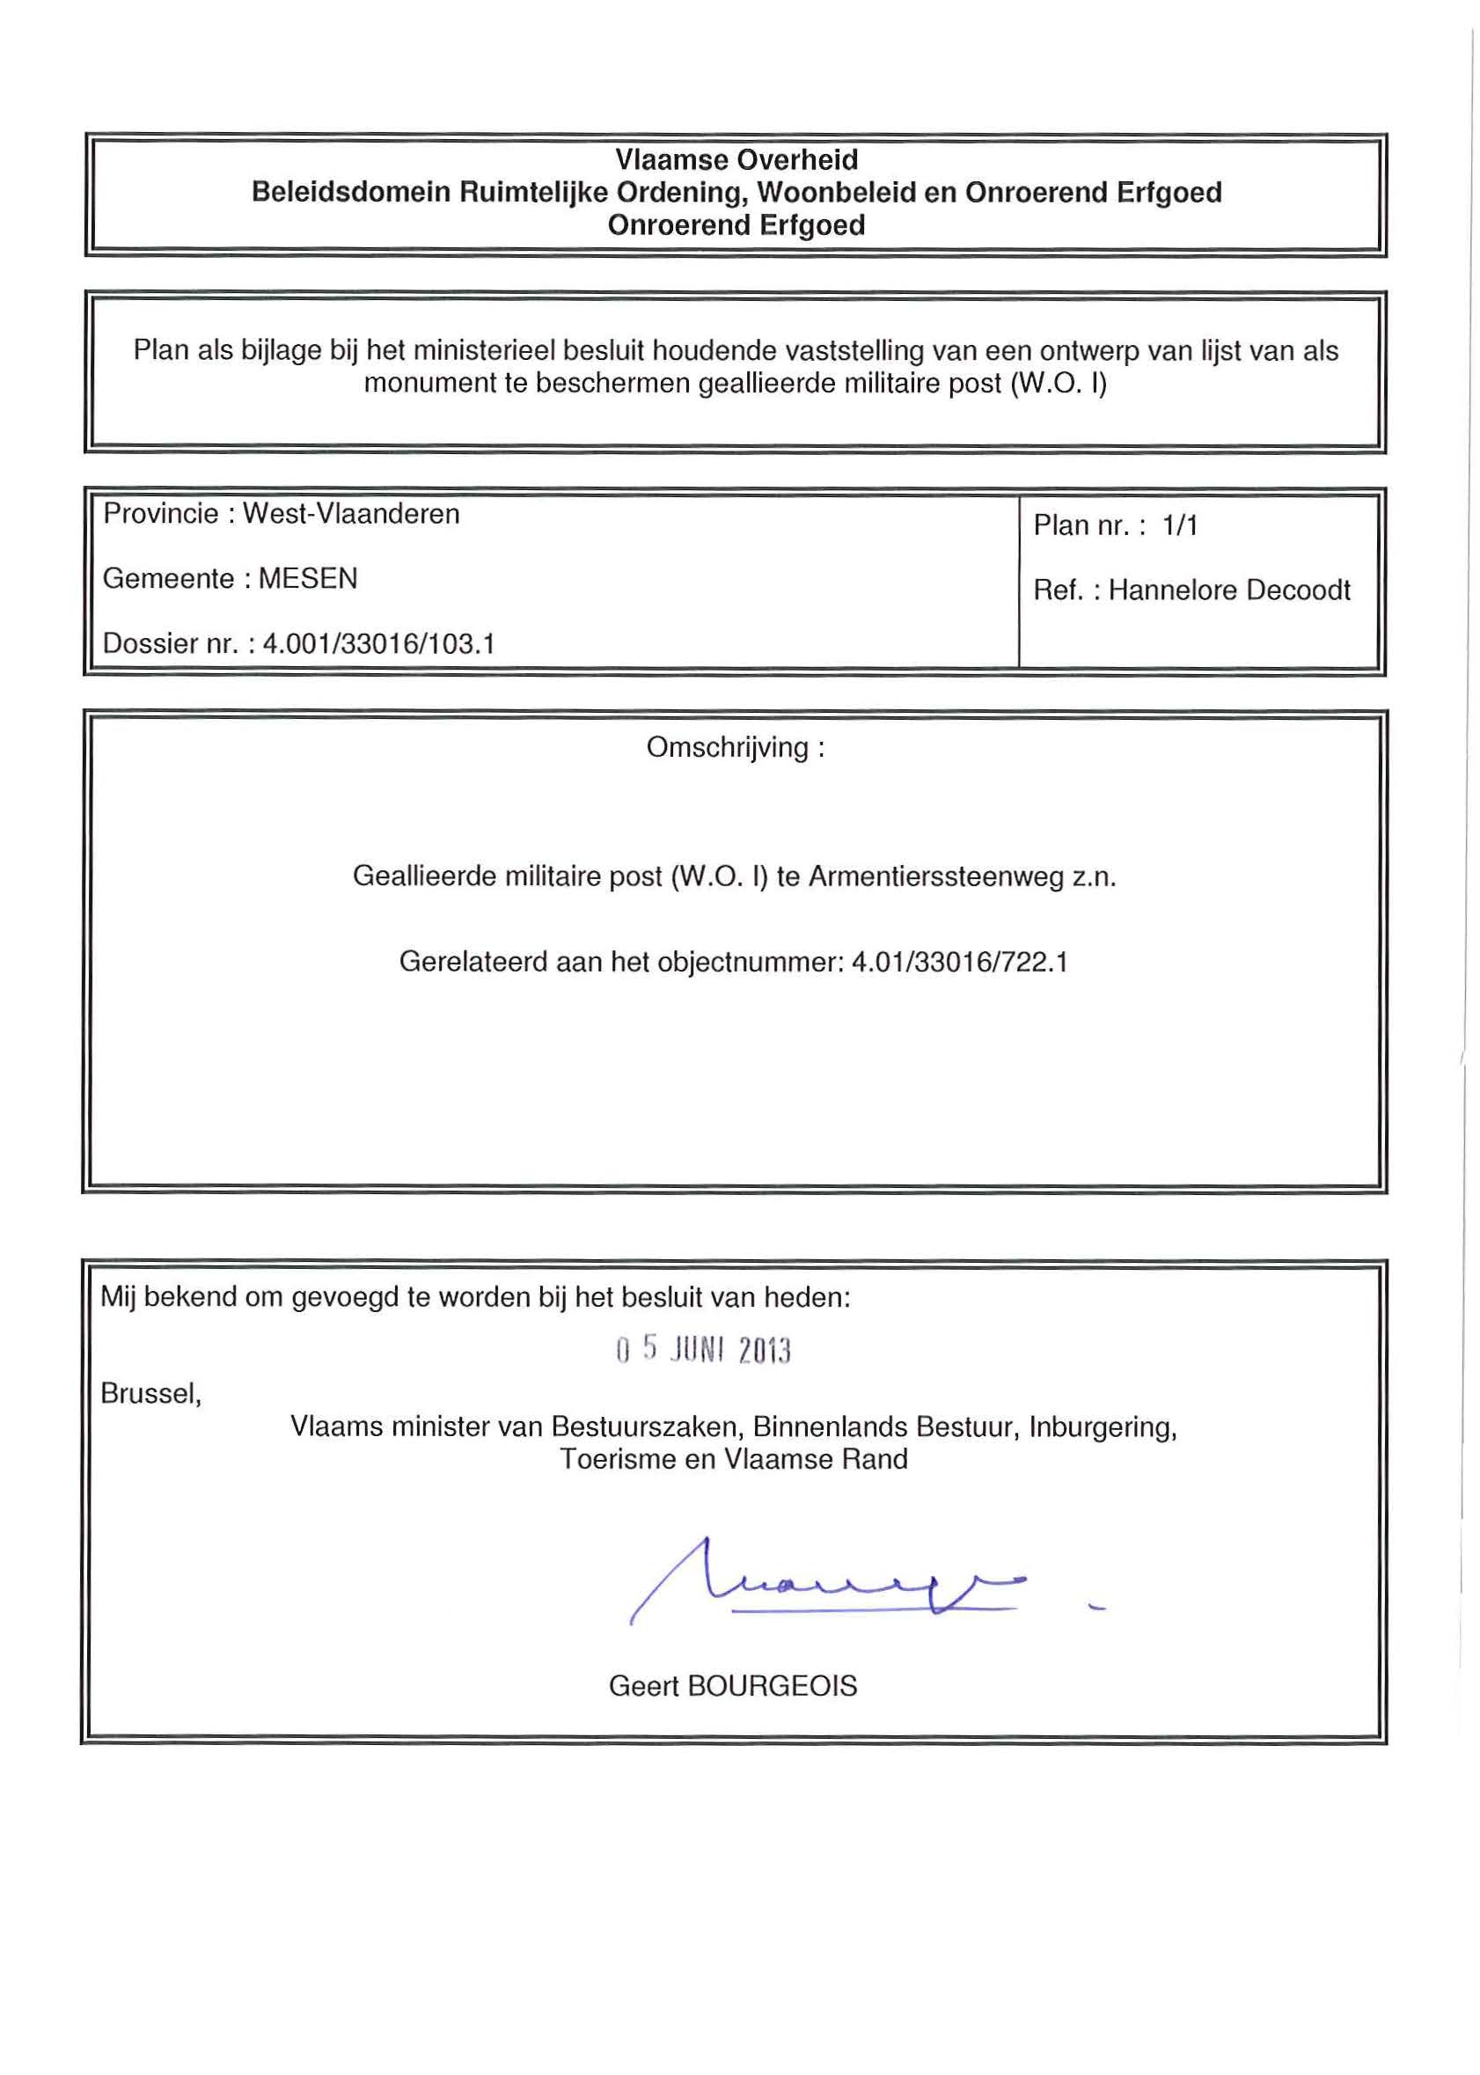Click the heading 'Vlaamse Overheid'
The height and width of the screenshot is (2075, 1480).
(736, 159)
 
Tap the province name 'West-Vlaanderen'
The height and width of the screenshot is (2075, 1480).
(351, 514)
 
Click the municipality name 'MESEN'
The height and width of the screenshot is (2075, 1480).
(308, 579)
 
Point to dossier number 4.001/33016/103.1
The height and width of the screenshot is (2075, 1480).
(378, 644)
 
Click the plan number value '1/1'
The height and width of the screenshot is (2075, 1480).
(1179, 526)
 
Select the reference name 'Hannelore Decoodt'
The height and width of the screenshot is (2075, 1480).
(1228, 590)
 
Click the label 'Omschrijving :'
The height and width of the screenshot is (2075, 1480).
(736, 747)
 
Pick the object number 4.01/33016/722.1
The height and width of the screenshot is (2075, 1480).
(959, 963)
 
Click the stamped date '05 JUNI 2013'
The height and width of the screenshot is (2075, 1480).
(703, 1350)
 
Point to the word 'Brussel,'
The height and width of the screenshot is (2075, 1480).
(150, 1393)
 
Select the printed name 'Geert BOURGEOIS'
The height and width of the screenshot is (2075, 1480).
(733, 1686)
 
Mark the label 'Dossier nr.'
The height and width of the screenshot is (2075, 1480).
(170, 644)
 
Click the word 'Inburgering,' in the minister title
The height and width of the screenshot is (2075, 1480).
(1103, 1426)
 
